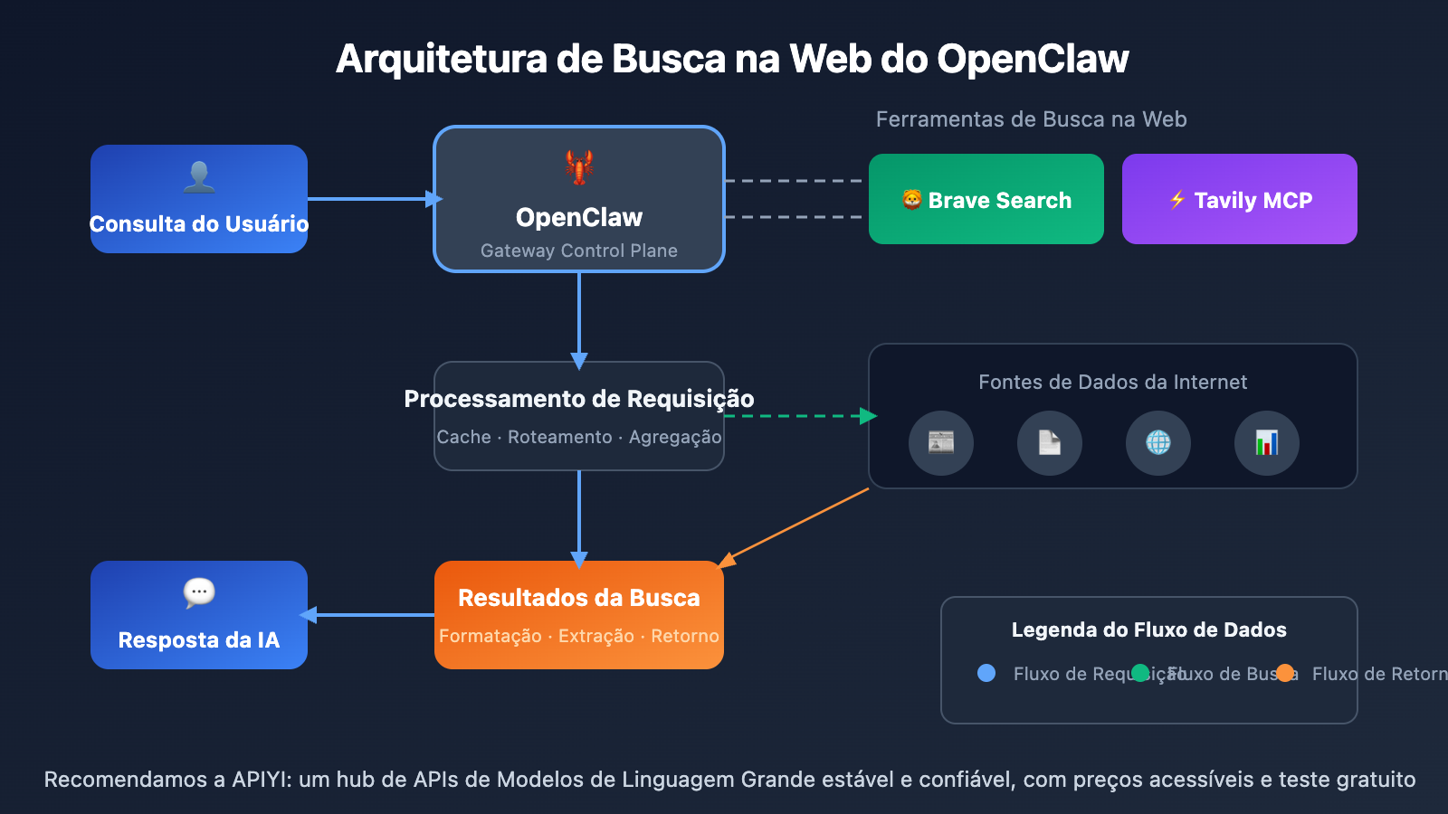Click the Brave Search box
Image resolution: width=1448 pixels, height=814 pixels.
986,199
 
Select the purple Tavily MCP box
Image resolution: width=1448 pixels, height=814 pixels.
1239,199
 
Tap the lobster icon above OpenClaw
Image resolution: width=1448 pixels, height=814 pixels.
579,167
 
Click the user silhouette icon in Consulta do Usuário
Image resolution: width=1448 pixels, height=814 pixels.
199,176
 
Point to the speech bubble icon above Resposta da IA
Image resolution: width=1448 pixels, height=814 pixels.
199,592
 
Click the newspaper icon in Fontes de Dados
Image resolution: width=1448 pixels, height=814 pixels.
941,443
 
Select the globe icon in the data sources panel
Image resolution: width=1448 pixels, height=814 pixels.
1158,443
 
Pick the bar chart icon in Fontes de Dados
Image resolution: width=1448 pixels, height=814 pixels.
1267,443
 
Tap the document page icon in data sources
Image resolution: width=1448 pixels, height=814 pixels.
1050,443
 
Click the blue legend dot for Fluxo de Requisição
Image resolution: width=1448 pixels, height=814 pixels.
986,673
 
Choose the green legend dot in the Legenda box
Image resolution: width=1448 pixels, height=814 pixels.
1140,673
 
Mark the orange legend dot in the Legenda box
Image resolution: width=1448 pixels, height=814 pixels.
1285,673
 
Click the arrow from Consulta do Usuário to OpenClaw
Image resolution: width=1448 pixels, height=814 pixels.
371,199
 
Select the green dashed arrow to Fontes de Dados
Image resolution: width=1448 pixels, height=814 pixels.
796,416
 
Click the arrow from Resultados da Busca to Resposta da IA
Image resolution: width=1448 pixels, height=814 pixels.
371,615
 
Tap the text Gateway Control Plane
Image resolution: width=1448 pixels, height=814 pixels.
579,251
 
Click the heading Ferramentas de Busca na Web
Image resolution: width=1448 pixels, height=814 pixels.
1031,119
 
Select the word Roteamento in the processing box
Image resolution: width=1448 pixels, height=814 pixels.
559,437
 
